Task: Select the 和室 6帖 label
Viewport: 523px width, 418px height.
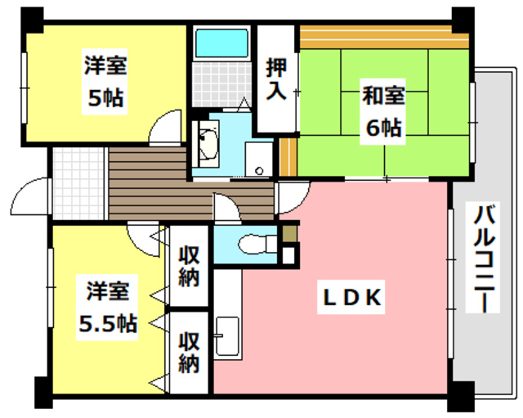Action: (x=382, y=110)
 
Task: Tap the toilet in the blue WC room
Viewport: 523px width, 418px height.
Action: (x=249, y=244)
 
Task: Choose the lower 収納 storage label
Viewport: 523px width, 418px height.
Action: (x=189, y=352)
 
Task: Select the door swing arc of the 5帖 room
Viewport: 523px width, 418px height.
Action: (x=166, y=129)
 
